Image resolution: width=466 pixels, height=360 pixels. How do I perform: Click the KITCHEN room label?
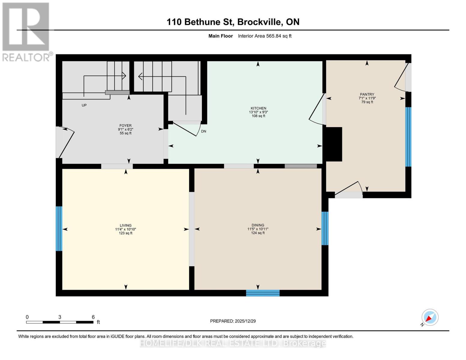[x=258, y=108]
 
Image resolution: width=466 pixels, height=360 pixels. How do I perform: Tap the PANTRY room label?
[x=367, y=94]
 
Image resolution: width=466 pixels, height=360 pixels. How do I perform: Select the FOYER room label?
[x=125, y=126]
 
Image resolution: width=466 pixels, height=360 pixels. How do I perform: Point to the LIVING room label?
[x=125, y=225]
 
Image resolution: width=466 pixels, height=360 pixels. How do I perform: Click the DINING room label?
[x=258, y=225]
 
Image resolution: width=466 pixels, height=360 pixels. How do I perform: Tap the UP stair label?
[x=84, y=105]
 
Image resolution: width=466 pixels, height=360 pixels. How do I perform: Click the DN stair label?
[x=203, y=131]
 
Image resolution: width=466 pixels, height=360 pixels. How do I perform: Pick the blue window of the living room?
[x=59, y=229]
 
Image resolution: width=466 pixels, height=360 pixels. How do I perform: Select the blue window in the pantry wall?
[x=408, y=137]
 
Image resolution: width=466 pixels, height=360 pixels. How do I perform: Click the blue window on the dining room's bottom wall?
[x=263, y=293]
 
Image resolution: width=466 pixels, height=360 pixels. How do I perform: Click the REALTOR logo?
[x=26, y=32]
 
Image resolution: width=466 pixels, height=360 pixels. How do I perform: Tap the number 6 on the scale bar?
[x=93, y=317]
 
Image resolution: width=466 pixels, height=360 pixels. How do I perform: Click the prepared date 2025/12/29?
[x=245, y=321]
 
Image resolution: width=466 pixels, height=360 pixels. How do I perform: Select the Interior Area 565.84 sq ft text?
[x=265, y=36]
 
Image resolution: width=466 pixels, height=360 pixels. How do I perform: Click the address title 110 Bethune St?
[x=200, y=22]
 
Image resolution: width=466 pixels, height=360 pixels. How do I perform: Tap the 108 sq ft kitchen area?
[x=258, y=116]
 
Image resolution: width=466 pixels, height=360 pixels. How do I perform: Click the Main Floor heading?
[x=221, y=36]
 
